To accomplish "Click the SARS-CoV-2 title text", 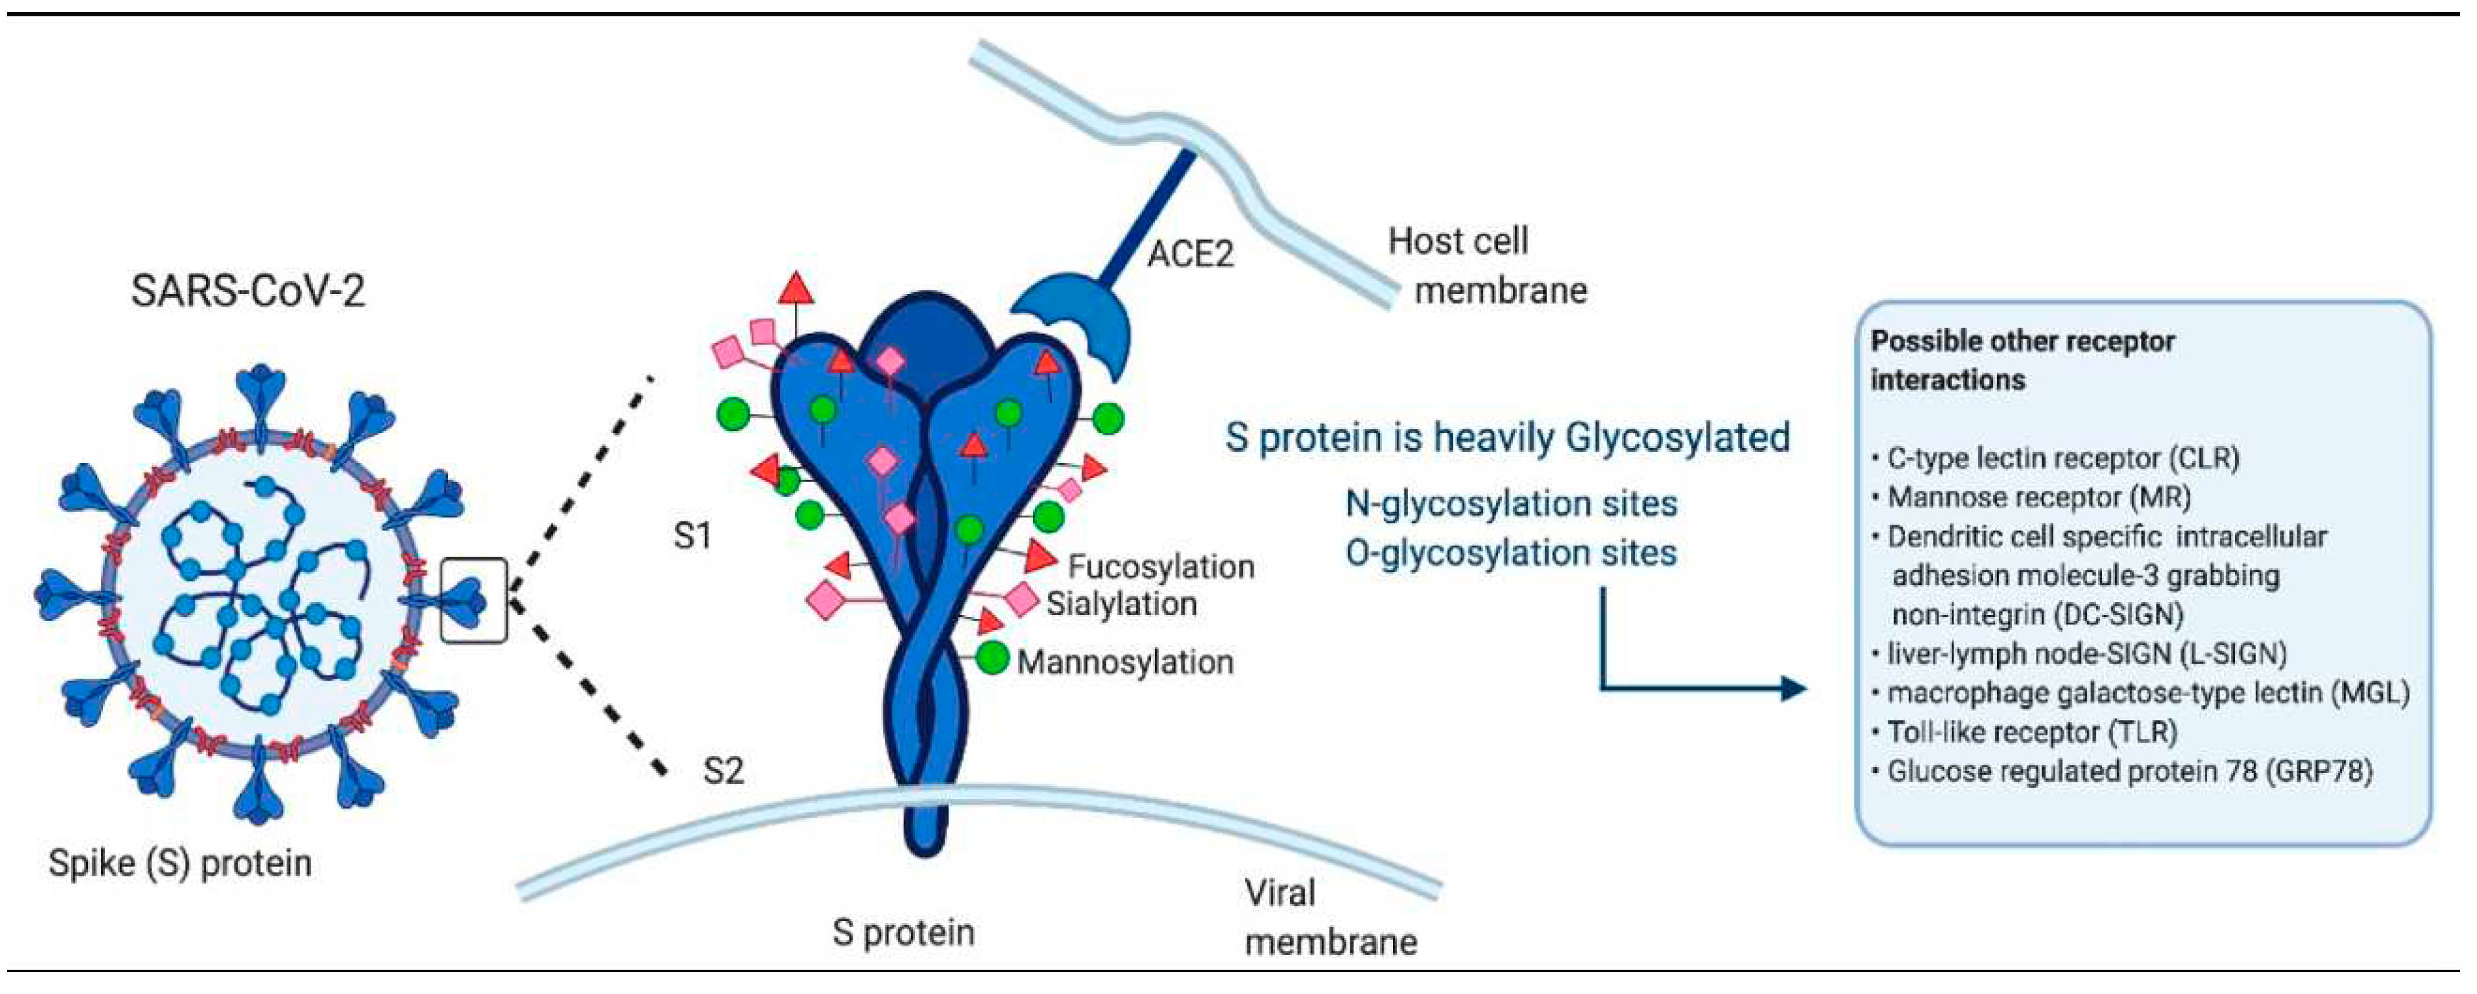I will (x=248, y=290).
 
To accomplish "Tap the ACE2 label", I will (x=1189, y=254).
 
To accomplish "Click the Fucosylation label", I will (x=1161, y=567).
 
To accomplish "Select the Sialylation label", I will (x=1121, y=604).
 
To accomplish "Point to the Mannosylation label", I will (x=1125, y=662).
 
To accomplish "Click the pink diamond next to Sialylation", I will (x=1021, y=601).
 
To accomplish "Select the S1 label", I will (x=692, y=535).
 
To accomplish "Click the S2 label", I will (x=723, y=771).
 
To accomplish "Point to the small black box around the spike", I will (x=473, y=600).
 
